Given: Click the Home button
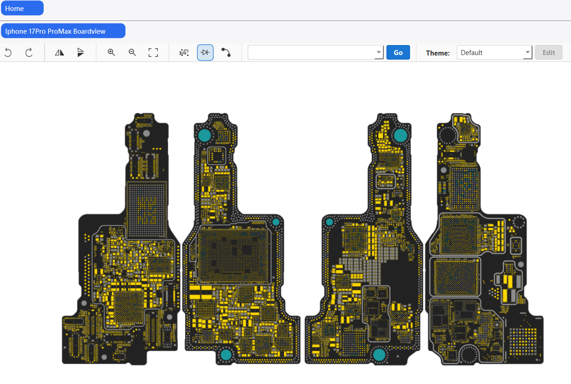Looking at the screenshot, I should [x=22, y=8].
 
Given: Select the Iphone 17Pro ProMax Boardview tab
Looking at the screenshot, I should [x=63, y=31].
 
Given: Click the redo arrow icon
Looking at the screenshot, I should [x=29, y=53].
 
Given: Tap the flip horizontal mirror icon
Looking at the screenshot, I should [x=60, y=53].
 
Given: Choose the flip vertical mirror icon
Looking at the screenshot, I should [x=80, y=53].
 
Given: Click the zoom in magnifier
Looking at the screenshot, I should [x=111, y=53].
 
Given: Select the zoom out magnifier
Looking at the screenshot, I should [x=132, y=53].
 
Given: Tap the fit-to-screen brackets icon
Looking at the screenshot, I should [x=153, y=53].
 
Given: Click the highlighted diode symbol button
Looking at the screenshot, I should [x=205, y=53].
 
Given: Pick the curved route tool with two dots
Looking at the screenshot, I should [x=226, y=53].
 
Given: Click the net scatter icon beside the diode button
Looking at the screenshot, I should [x=184, y=53].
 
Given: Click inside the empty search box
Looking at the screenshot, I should [x=311, y=53].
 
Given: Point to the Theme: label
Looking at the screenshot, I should [x=437, y=53].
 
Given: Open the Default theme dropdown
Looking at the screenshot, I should [x=494, y=53].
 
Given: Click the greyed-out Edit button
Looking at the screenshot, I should [x=549, y=53].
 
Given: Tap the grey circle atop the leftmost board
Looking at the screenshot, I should [x=146, y=133].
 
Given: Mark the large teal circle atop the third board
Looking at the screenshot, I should [x=401, y=135].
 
